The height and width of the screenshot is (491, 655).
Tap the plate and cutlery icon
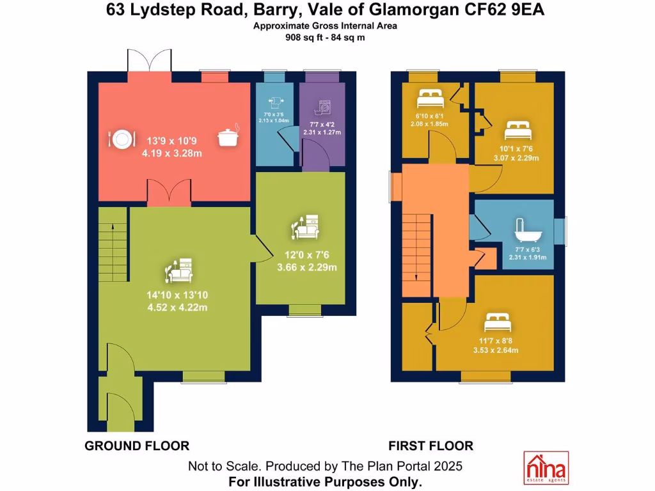pyautogui.click(x=122, y=139)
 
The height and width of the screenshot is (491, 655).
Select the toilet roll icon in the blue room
pyautogui.click(x=275, y=102)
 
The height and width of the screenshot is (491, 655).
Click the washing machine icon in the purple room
pyautogui.click(x=322, y=108)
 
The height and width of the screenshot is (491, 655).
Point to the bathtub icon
pyautogui.click(x=528, y=230)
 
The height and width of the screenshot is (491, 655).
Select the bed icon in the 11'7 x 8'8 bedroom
pyautogui.click(x=498, y=322)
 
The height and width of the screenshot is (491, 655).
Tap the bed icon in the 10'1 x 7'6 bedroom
pyautogui.click(x=518, y=130)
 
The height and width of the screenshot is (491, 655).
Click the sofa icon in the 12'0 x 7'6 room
pyautogui.click(x=305, y=227)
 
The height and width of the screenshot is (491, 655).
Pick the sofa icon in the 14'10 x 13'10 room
pyautogui.click(x=179, y=270)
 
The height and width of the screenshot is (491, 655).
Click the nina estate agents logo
pyautogui.click(x=546, y=467)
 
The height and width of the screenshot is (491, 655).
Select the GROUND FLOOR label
pyautogui.click(x=137, y=446)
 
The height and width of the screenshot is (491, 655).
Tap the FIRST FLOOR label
pyautogui.click(x=431, y=446)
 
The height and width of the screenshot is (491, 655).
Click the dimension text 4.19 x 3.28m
pyautogui.click(x=171, y=153)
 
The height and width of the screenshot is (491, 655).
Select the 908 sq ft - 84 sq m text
pyautogui.click(x=325, y=38)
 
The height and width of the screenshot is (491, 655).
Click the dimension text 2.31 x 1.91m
pyautogui.click(x=528, y=257)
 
